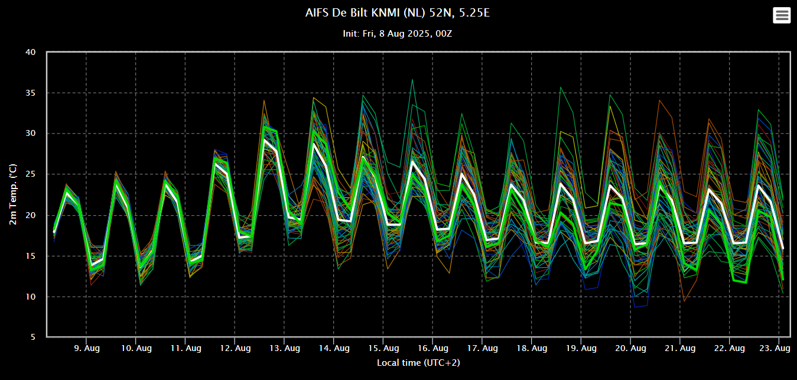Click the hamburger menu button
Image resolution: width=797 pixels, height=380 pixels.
pyautogui.click(x=782, y=15)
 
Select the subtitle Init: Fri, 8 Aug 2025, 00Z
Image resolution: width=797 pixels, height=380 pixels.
pyautogui.click(x=398, y=34)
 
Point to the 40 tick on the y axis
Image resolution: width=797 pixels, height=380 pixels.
pyautogui.click(x=31, y=52)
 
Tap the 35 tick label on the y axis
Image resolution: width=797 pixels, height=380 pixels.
pyautogui.click(x=31, y=93)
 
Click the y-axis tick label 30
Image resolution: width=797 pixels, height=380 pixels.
pyautogui.click(x=31, y=133)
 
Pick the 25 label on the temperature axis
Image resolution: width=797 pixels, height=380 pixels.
pyautogui.click(x=31, y=174)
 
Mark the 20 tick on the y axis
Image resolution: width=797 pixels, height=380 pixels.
pyautogui.click(x=31, y=215)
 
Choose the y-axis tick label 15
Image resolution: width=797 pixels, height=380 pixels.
pyautogui.click(x=31, y=256)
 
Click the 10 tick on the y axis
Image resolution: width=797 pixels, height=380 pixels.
pyautogui.click(x=31, y=297)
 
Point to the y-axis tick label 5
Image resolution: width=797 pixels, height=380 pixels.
pyautogui.click(x=33, y=337)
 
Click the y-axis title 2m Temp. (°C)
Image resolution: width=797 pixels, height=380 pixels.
pyautogui.click(x=13, y=194)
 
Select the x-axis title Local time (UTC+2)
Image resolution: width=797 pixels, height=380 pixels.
pyautogui.click(x=418, y=363)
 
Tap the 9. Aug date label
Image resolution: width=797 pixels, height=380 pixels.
pyautogui.click(x=87, y=348)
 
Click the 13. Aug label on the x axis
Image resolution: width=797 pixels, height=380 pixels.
pyautogui.click(x=285, y=348)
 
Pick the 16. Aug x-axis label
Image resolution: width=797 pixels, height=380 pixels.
pyautogui.click(x=433, y=348)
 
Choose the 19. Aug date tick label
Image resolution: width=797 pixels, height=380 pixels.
pyautogui.click(x=581, y=348)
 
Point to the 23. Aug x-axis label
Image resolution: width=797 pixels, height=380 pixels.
pyautogui.click(x=775, y=348)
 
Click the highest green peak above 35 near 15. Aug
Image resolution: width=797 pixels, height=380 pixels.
pyautogui.click(x=412, y=79)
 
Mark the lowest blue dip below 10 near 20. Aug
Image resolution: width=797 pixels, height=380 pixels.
pyautogui.click(x=636, y=307)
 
